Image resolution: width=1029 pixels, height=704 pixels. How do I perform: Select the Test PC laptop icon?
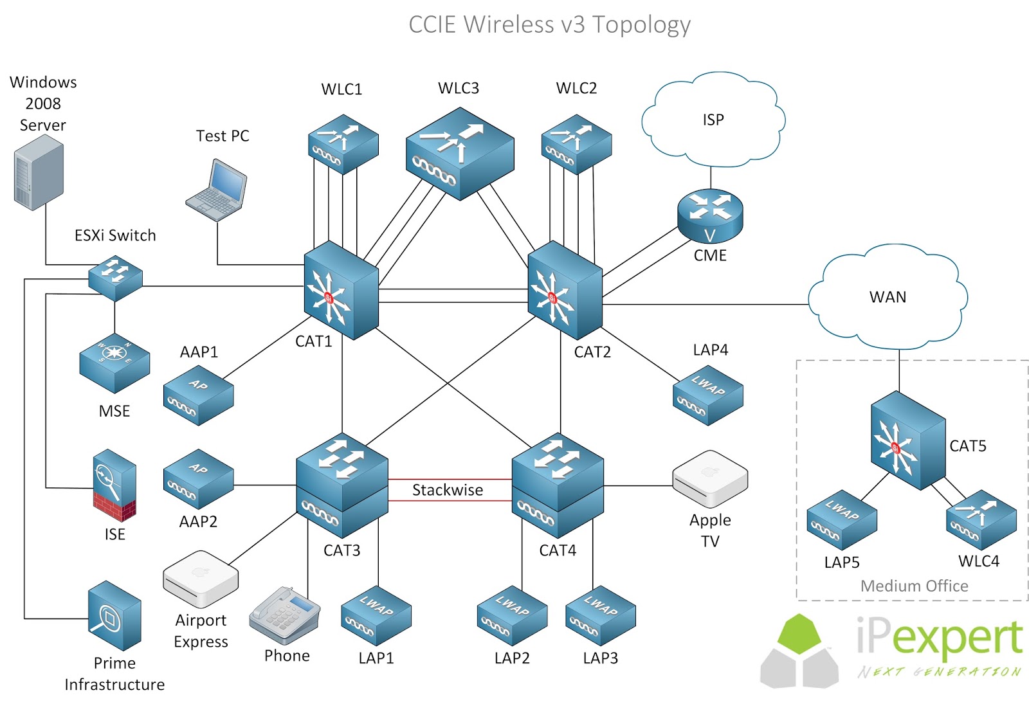point(217,190)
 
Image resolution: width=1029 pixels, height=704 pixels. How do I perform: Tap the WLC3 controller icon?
point(459,154)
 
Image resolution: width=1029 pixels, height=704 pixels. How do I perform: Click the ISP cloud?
point(713,121)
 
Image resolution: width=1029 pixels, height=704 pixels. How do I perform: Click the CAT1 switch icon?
point(340,291)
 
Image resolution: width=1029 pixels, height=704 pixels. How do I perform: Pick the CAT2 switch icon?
point(564,291)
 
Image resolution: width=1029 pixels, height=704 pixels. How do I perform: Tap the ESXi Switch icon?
point(115,277)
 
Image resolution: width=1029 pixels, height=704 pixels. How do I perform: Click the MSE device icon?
point(114,363)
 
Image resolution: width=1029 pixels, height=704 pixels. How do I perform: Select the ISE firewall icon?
point(114,485)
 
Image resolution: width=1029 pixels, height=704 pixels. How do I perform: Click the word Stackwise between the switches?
point(448,490)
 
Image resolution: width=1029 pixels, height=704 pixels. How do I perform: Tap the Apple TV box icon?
point(710,478)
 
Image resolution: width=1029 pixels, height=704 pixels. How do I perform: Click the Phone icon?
point(285,615)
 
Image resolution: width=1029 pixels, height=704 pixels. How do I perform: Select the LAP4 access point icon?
point(708,395)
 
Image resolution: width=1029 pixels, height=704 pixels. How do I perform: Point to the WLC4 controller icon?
point(981,520)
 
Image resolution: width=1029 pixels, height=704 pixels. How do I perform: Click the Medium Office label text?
point(914,586)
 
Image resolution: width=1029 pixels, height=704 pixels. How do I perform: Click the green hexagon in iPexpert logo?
point(799,633)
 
